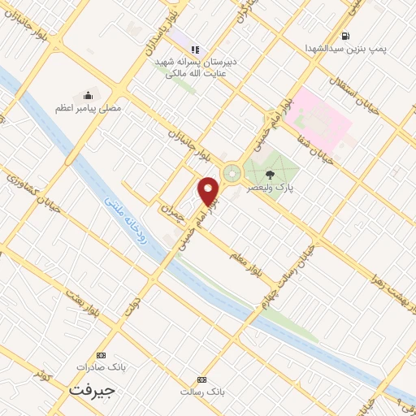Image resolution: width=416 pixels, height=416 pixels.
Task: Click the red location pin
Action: pyautogui.click(x=210, y=191)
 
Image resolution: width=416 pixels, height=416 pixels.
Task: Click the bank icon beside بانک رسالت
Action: pyautogui.click(x=201, y=379)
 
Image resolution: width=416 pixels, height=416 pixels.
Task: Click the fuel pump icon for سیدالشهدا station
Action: pyautogui.click(x=346, y=36)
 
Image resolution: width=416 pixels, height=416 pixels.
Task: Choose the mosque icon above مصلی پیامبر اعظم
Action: pyautogui.click(x=88, y=96)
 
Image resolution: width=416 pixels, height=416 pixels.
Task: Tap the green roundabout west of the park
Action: pyautogui.click(x=232, y=173)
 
